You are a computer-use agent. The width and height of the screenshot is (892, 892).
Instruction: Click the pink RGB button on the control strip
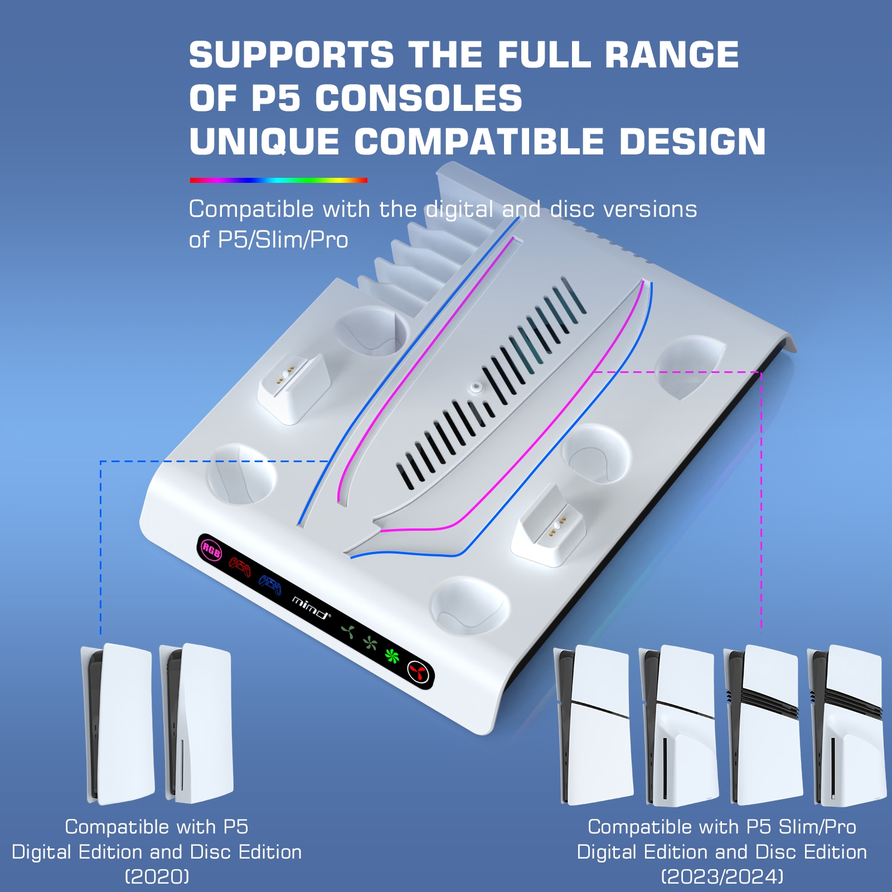pyautogui.click(x=211, y=550)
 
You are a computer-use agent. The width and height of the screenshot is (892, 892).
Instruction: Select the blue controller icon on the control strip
pyautogui.click(x=270, y=585)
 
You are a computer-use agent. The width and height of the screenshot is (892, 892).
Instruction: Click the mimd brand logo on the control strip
pyautogui.click(x=311, y=608)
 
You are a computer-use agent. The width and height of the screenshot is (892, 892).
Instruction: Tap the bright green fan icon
pyautogui.click(x=392, y=656)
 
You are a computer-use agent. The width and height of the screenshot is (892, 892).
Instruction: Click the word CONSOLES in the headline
pyautogui.click(x=419, y=99)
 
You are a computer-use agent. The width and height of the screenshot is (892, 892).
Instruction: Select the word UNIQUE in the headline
pyautogui.click(x=264, y=142)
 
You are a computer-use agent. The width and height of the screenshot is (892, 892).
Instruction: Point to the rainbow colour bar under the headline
pyautogui.click(x=279, y=180)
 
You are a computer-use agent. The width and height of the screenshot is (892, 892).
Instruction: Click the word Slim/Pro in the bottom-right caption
pyautogui.click(x=817, y=827)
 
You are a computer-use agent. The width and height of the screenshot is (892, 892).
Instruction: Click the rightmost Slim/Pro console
pyautogui.click(x=847, y=725)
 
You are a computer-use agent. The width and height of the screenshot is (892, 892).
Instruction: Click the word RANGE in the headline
pyautogui.click(x=672, y=55)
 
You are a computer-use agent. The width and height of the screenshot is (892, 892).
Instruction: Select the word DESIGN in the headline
pyautogui.click(x=692, y=142)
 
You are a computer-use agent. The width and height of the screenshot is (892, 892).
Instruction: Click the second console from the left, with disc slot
pyautogui.click(x=196, y=724)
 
